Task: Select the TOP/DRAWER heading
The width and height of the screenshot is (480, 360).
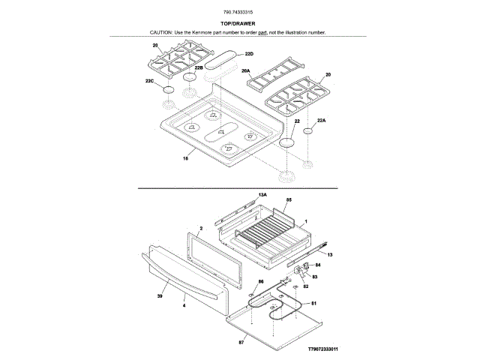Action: [238, 23]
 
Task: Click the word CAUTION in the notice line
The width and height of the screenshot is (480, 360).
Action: [161, 33]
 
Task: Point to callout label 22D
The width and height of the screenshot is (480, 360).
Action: [249, 54]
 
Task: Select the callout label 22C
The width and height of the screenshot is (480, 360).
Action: [149, 81]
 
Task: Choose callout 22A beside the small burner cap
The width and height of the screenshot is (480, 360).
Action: [322, 120]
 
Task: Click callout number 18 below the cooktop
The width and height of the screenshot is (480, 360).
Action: [185, 159]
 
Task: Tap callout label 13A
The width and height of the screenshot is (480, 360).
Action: [262, 195]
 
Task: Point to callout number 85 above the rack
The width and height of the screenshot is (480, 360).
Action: [289, 200]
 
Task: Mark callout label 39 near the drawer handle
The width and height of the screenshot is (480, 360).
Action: [160, 297]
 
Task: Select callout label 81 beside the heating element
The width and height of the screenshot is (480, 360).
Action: [313, 303]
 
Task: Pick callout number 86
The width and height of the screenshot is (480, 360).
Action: [261, 281]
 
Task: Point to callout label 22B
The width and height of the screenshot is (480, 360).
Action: [199, 67]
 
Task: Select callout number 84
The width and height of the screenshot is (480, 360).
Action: [317, 265]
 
